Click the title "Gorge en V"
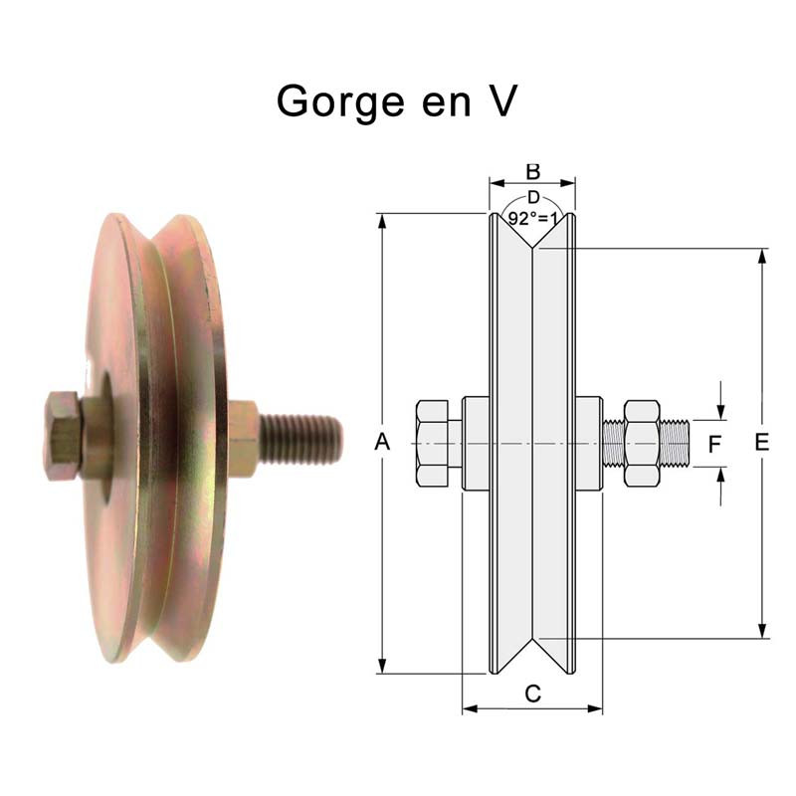click(396, 101)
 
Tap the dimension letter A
click(382, 444)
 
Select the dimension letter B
click(532, 171)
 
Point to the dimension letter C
click(532, 695)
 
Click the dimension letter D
click(533, 198)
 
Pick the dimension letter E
click(762, 444)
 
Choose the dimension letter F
click(713, 445)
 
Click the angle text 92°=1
click(534, 218)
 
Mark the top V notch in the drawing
click(533, 244)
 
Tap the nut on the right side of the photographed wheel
click(244, 437)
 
